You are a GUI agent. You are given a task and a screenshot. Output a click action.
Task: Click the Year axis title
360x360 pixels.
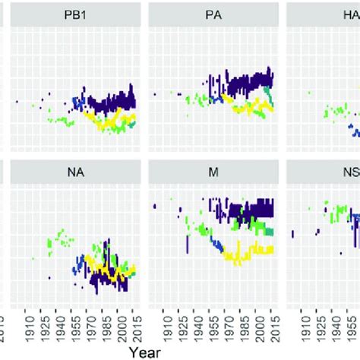coord(144,352)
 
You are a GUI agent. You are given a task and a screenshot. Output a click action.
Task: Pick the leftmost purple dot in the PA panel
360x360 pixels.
coord(154,94)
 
